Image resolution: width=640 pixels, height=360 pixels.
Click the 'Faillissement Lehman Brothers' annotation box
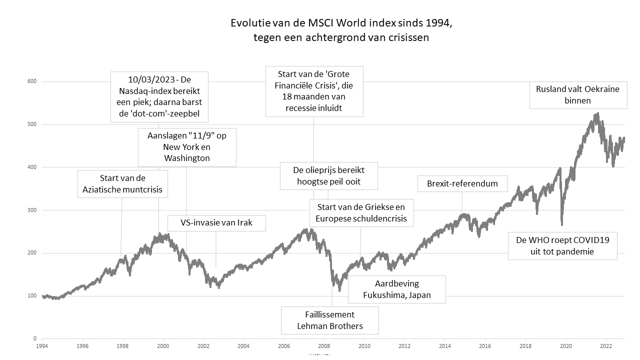click(x=329, y=320)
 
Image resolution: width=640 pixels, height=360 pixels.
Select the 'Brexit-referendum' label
click(x=462, y=183)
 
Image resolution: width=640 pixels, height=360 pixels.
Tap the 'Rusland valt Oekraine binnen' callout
click(x=577, y=95)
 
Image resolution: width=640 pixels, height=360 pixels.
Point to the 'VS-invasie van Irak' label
click(x=216, y=223)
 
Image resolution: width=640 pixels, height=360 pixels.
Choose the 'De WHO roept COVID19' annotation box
click(x=562, y=245)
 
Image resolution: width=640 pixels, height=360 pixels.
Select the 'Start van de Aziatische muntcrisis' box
click(x=123, y=184)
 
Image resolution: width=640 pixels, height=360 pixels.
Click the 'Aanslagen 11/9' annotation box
click(x=187, y=147)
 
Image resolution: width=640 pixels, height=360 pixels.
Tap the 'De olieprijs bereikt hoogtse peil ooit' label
click(x=329, y=176)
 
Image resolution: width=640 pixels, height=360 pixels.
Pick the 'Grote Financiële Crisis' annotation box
click(x=314, y=91)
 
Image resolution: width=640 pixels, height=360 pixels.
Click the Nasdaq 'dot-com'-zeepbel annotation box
click(x=159, y=97)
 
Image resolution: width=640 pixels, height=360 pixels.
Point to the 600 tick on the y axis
click(x=32, y=81)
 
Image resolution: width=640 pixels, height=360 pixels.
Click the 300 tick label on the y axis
click(x=32, y=210)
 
